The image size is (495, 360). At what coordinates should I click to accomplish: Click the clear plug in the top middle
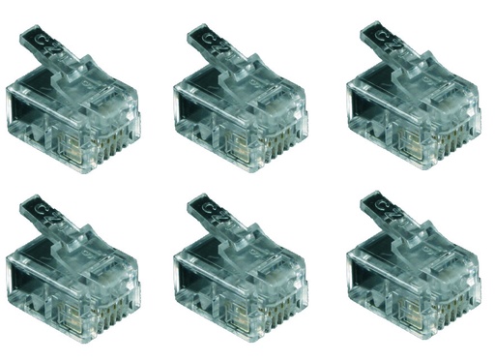click(x=242, y=106)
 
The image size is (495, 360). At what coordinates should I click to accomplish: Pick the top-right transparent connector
click(x=415, y=106)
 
